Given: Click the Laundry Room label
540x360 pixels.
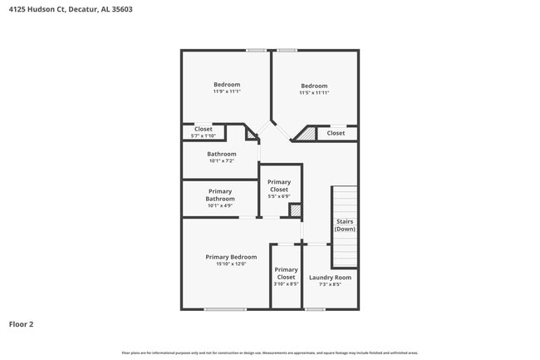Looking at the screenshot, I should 330,277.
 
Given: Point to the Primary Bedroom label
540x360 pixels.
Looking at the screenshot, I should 231,257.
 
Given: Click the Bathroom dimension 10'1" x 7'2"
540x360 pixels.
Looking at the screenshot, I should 221,160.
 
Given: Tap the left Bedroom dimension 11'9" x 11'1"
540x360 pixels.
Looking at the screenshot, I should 227,91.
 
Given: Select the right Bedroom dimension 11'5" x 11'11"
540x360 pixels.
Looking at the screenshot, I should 314,92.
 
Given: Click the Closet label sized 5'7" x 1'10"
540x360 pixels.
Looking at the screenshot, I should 204,136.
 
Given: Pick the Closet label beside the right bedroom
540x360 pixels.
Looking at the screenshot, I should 336,133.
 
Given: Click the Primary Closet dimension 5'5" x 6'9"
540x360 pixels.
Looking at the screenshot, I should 279,196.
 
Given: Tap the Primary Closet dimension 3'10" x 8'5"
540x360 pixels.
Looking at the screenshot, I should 286,284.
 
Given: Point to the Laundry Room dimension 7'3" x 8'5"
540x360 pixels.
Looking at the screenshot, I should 330,284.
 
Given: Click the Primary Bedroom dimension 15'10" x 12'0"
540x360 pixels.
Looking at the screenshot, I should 231,264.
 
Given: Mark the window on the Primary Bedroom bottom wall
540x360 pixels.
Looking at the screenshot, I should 225,309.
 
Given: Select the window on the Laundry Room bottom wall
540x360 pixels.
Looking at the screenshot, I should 315,309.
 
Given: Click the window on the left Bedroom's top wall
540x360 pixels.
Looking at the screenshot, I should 256,50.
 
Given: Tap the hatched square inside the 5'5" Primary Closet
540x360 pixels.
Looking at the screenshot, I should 295,210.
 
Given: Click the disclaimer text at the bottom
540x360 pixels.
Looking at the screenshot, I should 270,353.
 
